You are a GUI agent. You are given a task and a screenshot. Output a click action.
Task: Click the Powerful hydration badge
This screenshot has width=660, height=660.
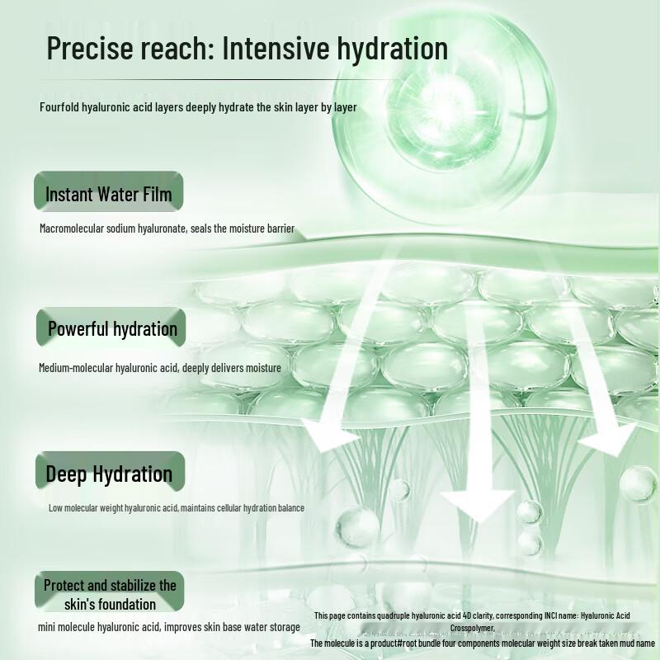pos(112,329)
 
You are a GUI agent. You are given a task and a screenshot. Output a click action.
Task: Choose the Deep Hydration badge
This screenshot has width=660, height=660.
pos(109,474)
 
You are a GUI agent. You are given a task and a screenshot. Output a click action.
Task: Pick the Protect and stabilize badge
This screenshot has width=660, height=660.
pos(110,594)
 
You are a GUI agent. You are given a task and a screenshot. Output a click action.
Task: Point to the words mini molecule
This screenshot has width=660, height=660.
pos(68,627)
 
